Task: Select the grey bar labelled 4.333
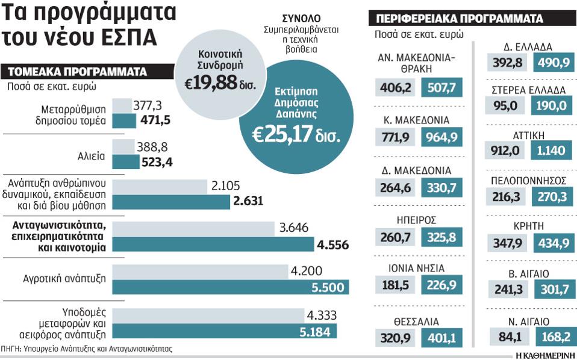[x=208, y=315]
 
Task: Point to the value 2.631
[x=247, y=201]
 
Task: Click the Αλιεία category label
[x=93, y=155]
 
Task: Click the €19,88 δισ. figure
[x=220, y=82]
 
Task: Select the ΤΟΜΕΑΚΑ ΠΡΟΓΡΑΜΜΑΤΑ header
[x=76, y=72]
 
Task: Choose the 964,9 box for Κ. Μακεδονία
[x=441, y=137]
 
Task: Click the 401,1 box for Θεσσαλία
[x=441, y=339]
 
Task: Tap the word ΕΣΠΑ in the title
[x=125, y=36]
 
